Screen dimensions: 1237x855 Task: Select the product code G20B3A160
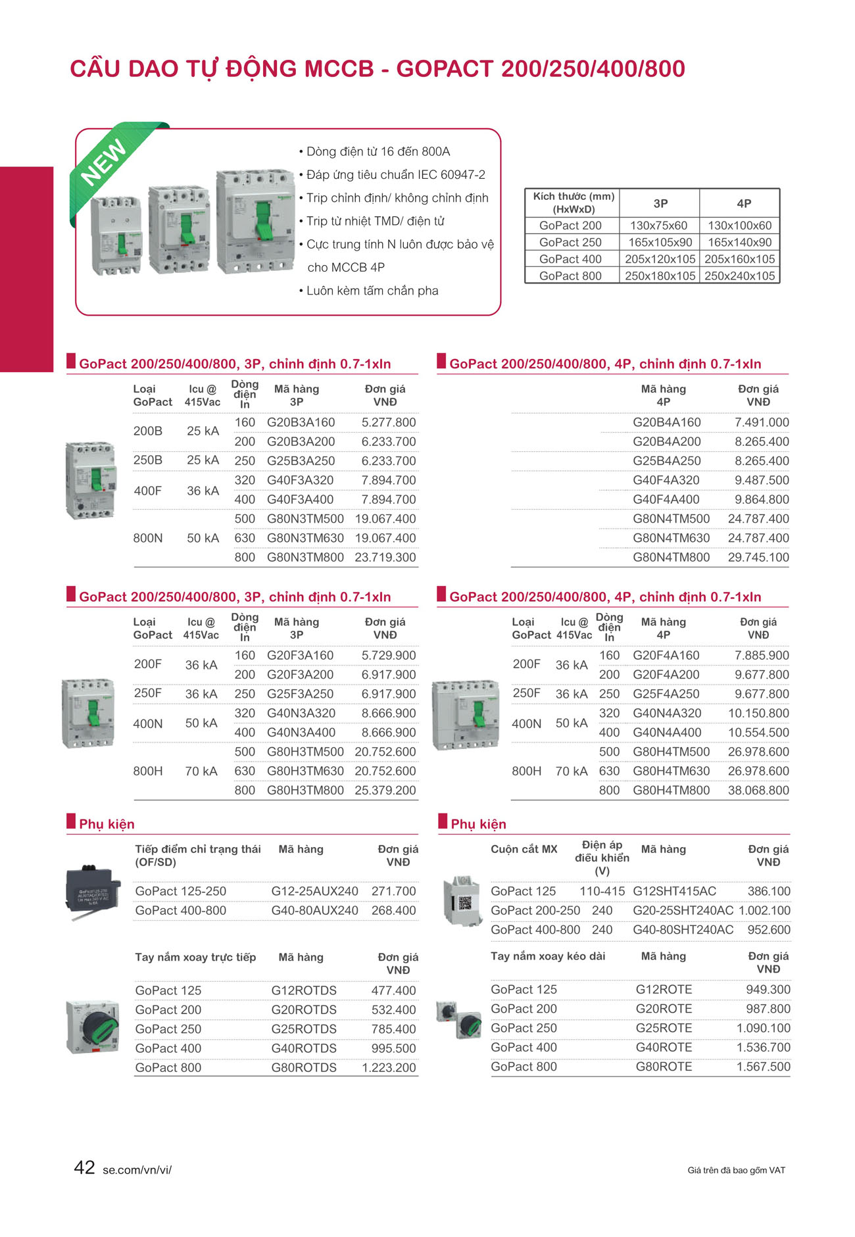click(x=301, y=422)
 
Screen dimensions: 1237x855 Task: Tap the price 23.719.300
click(x=385, y=557)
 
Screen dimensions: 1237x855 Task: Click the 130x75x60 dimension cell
click(x=658, y=226)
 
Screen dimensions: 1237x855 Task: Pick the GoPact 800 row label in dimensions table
click(x=570, y=276)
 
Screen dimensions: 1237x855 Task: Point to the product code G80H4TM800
click(x=671, y=790)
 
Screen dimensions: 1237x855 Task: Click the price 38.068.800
click(x=758, y=790)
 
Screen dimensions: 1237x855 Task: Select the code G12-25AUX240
click(x=314, y=891)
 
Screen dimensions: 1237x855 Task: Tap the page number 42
click(x=84, y=1167)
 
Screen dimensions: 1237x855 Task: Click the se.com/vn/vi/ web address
click(x=137, y=1170)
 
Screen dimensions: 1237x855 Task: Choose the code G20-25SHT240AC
click(x=683, y=910)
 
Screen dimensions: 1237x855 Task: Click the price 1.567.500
click(x=763, y=1067)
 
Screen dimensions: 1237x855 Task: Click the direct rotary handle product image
click(x=93, y=1026)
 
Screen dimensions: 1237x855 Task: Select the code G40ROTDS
click(x=304, y=1048)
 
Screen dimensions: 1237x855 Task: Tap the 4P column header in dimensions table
click(x=743, y=204)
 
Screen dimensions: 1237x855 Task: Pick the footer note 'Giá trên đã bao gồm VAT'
click(x=736, y=1171)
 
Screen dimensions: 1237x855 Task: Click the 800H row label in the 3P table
click(x=148, y=771)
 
